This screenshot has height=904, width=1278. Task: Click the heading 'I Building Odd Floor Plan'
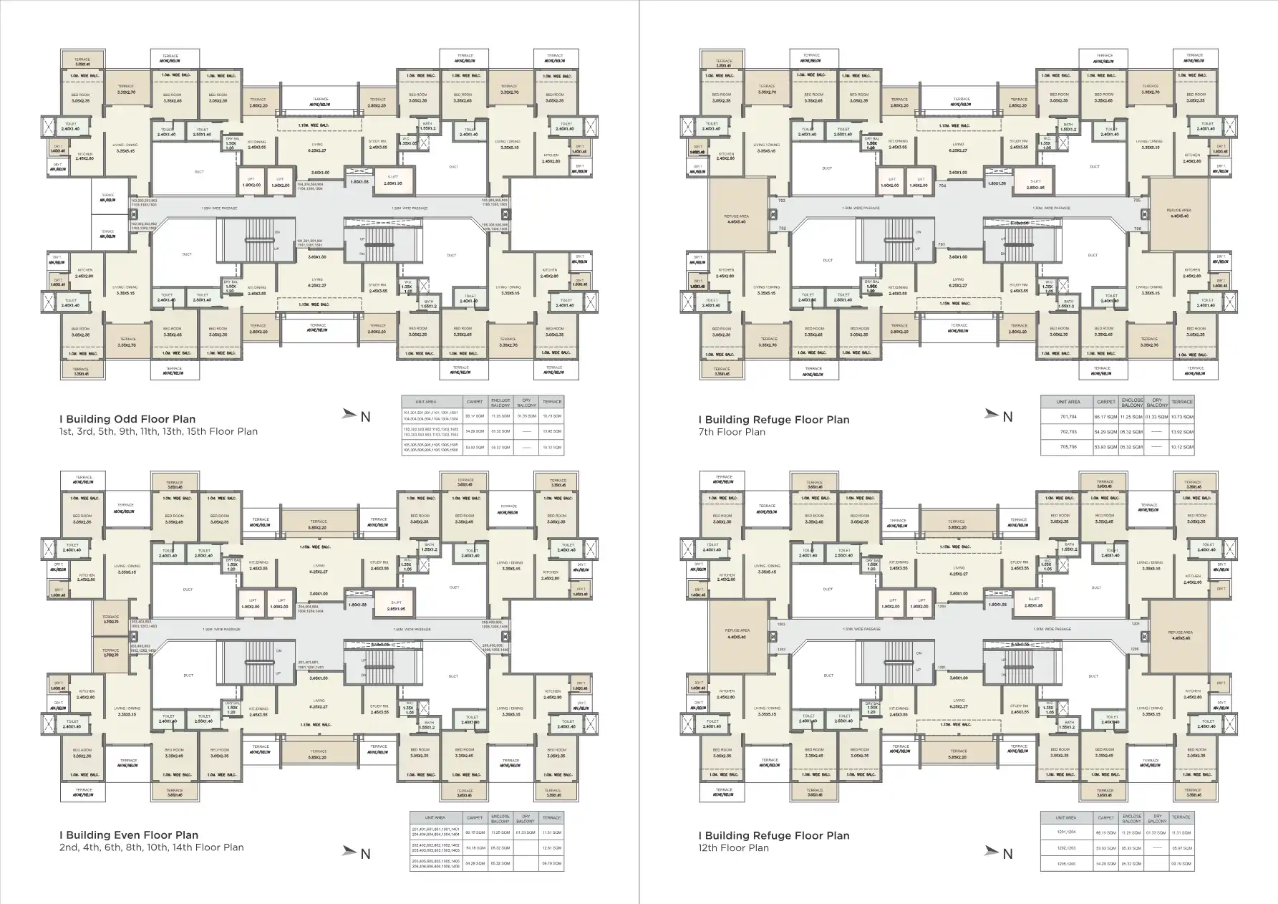click(127, 419)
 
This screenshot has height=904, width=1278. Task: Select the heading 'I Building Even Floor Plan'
click(129, 835)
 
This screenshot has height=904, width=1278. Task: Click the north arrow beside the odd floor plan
click(349, 413)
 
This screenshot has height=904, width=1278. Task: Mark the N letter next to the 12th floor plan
click(1007, 853)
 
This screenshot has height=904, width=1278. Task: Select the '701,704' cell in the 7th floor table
click(1068, 416)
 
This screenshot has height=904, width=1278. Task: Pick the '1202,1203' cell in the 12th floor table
click(1066, 848)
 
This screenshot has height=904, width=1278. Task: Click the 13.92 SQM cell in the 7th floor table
click(1182, 432)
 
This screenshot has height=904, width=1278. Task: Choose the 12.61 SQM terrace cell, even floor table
click(552, 848)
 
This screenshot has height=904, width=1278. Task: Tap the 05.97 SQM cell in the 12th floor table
click(1181, 848)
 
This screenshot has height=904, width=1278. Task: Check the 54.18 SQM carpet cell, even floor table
click(474, 848)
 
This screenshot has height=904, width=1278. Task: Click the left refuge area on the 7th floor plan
click(736, 218)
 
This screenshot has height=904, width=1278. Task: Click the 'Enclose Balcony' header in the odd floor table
click(500, 403)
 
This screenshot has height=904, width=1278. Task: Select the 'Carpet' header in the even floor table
click(474, 817)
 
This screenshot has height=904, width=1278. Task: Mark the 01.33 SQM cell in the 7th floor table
click(1157, 416)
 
